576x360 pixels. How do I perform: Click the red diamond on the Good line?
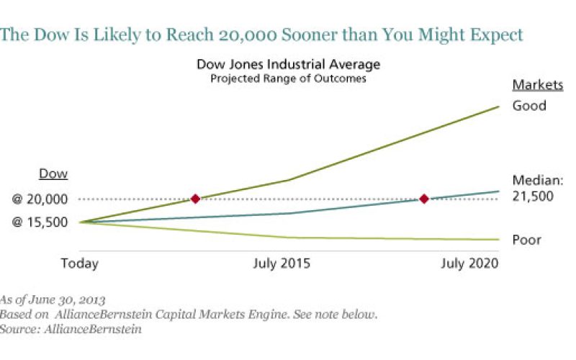[195, 199]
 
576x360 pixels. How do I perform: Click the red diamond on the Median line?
[424, 199]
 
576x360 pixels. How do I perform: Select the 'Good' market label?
[529, 106]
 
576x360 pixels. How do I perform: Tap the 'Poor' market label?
[526, 240]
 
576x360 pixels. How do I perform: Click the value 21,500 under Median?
[533, 195]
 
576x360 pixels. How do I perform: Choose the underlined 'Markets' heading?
[537, 85]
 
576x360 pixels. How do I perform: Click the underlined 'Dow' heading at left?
[53, 175]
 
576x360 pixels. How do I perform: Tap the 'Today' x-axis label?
[79, 264]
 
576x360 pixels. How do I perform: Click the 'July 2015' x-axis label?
[282, 264]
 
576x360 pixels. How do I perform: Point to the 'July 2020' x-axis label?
[469, 264]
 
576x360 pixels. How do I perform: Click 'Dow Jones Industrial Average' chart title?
[288, 66]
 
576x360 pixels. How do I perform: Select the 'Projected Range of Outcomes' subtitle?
[288, 79]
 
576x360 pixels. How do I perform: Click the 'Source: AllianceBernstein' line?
[71, 329]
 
